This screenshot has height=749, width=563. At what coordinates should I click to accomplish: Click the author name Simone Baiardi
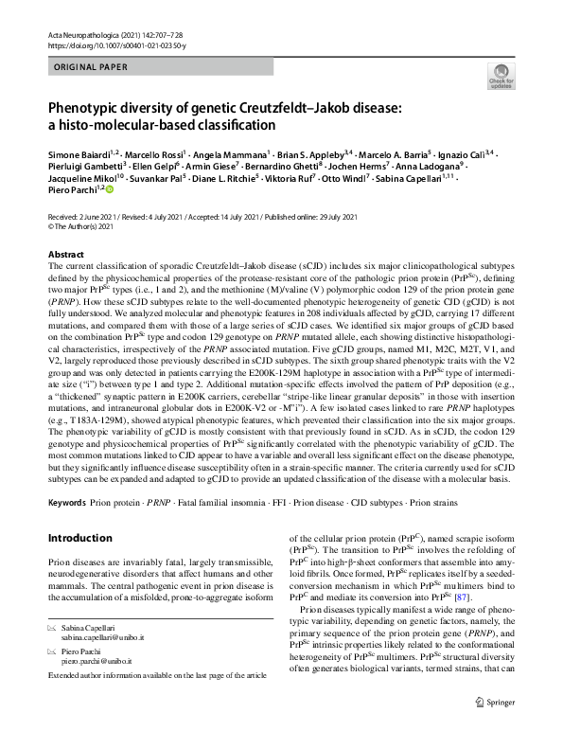pos(78,154)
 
